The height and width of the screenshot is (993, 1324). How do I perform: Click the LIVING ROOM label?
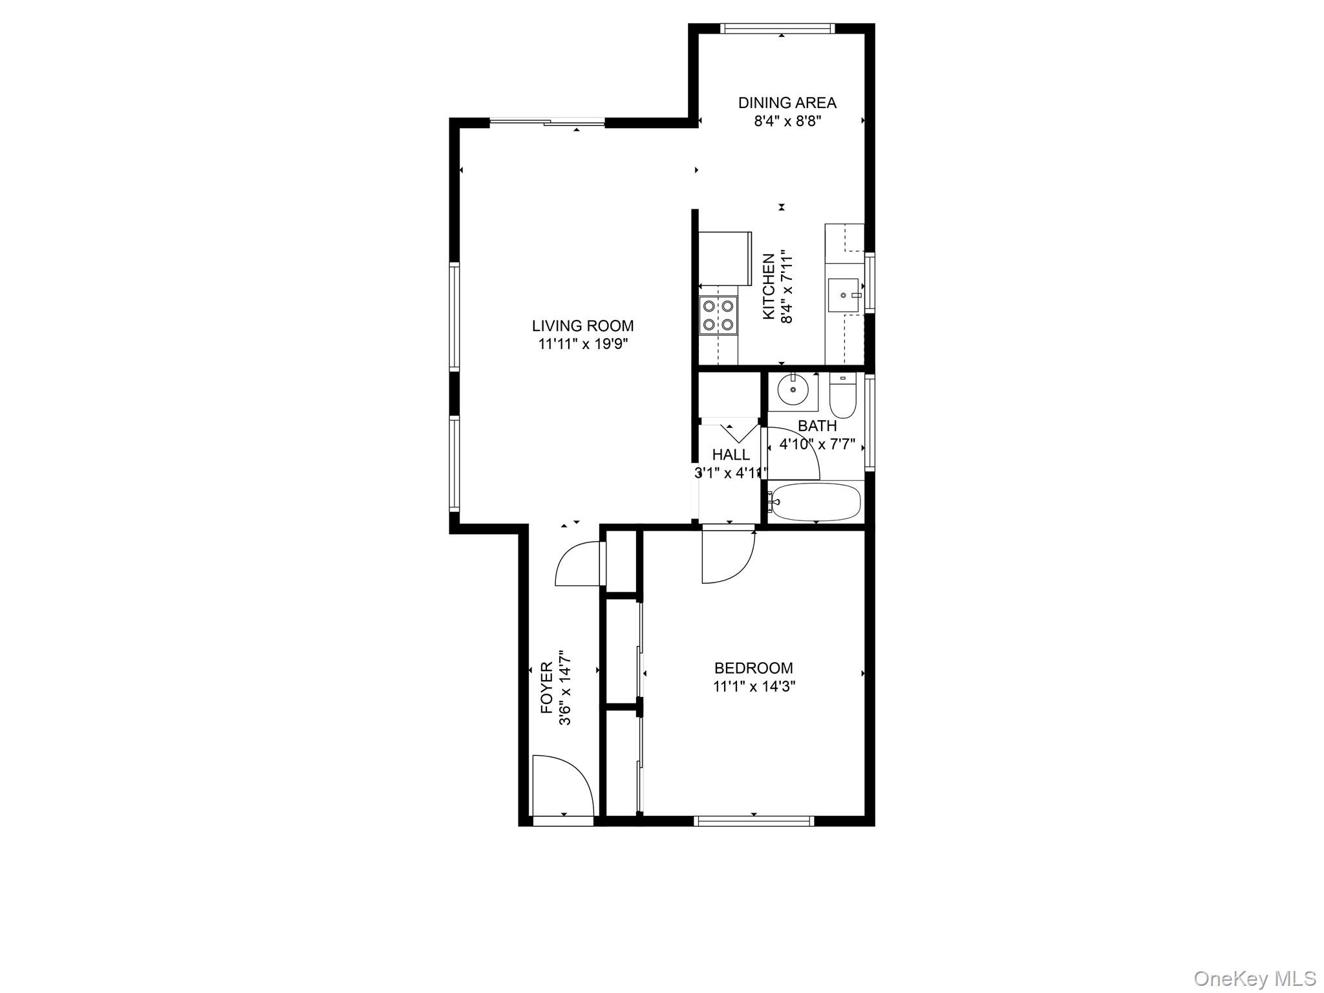(x=582, y=326)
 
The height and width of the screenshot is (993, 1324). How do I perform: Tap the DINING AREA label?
(x=787, y=103)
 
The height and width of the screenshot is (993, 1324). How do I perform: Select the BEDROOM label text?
(x=753, y=668)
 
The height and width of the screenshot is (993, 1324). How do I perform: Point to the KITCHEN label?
(x=769, y=286)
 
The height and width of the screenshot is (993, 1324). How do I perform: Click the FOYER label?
(x=547, y=688)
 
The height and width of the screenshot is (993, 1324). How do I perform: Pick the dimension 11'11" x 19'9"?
(x=582, y=344)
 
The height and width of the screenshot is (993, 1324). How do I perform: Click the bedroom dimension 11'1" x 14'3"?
(x=754, y=686)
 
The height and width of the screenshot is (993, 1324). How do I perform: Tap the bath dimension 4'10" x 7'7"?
(x=817, y=445)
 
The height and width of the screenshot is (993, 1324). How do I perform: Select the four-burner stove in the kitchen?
(x=718, y=314)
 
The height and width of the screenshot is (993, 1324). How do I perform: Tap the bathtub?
(x=816, y=502)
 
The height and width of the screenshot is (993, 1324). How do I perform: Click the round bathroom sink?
(x=793, y=390)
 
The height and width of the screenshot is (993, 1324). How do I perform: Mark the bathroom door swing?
(x=793, y=453)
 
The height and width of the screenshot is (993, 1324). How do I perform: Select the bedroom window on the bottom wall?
(x=753, y=821)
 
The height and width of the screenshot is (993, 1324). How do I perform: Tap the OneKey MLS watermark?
(x=1254, y=978)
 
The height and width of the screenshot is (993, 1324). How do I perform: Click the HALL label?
(x=731, y=454)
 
